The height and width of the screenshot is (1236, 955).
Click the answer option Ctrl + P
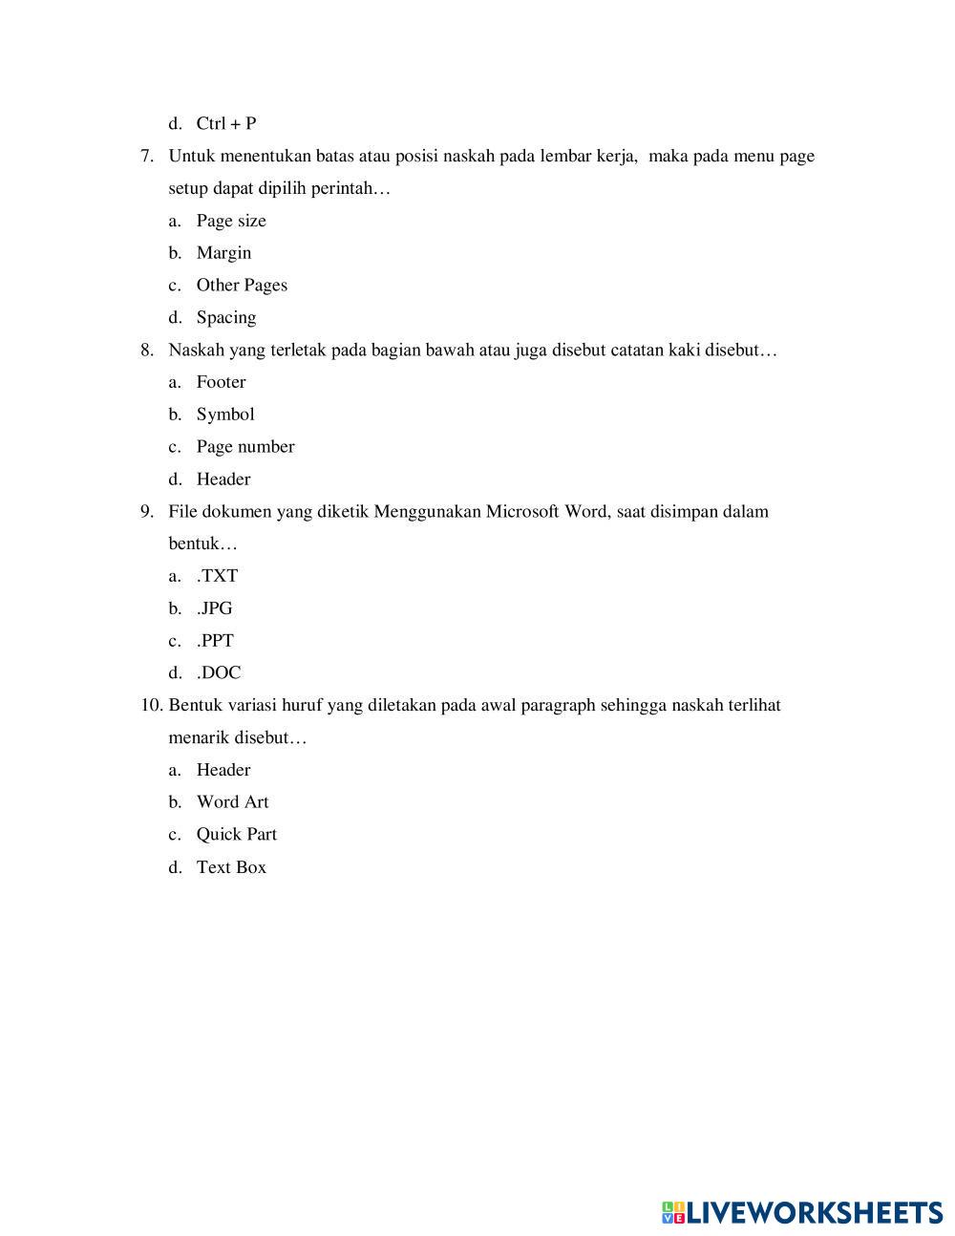click(x=226, y=123)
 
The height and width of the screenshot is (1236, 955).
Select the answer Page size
click(x=231, y=221)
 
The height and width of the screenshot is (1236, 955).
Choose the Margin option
click(x=223, y=253)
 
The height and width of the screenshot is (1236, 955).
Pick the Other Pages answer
click(x=242, y=285)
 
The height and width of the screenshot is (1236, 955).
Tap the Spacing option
click(x=226, y=317)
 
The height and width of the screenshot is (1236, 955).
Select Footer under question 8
click(x=221, y=382)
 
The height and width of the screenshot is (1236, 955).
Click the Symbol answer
click(x=225, y=415)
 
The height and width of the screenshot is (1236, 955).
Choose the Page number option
click(x=245, y=447)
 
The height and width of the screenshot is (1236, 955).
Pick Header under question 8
click(x=223, y=479)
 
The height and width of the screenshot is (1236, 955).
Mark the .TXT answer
click(x=217, y=576)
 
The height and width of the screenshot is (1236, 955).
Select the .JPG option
click(x=215, y=608)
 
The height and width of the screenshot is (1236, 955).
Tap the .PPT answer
click(x=215, y=641)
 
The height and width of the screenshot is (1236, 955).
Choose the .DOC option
click(x=219, y=673)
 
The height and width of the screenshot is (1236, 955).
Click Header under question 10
click(x=223, y=770)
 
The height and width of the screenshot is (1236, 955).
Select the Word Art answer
click(x=232, y=802)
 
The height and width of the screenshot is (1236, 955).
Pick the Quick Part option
click(x=237, y=835)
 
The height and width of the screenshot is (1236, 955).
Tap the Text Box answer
click(x=231, y=867)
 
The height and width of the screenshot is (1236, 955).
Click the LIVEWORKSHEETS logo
click(x=802, y=1212)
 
